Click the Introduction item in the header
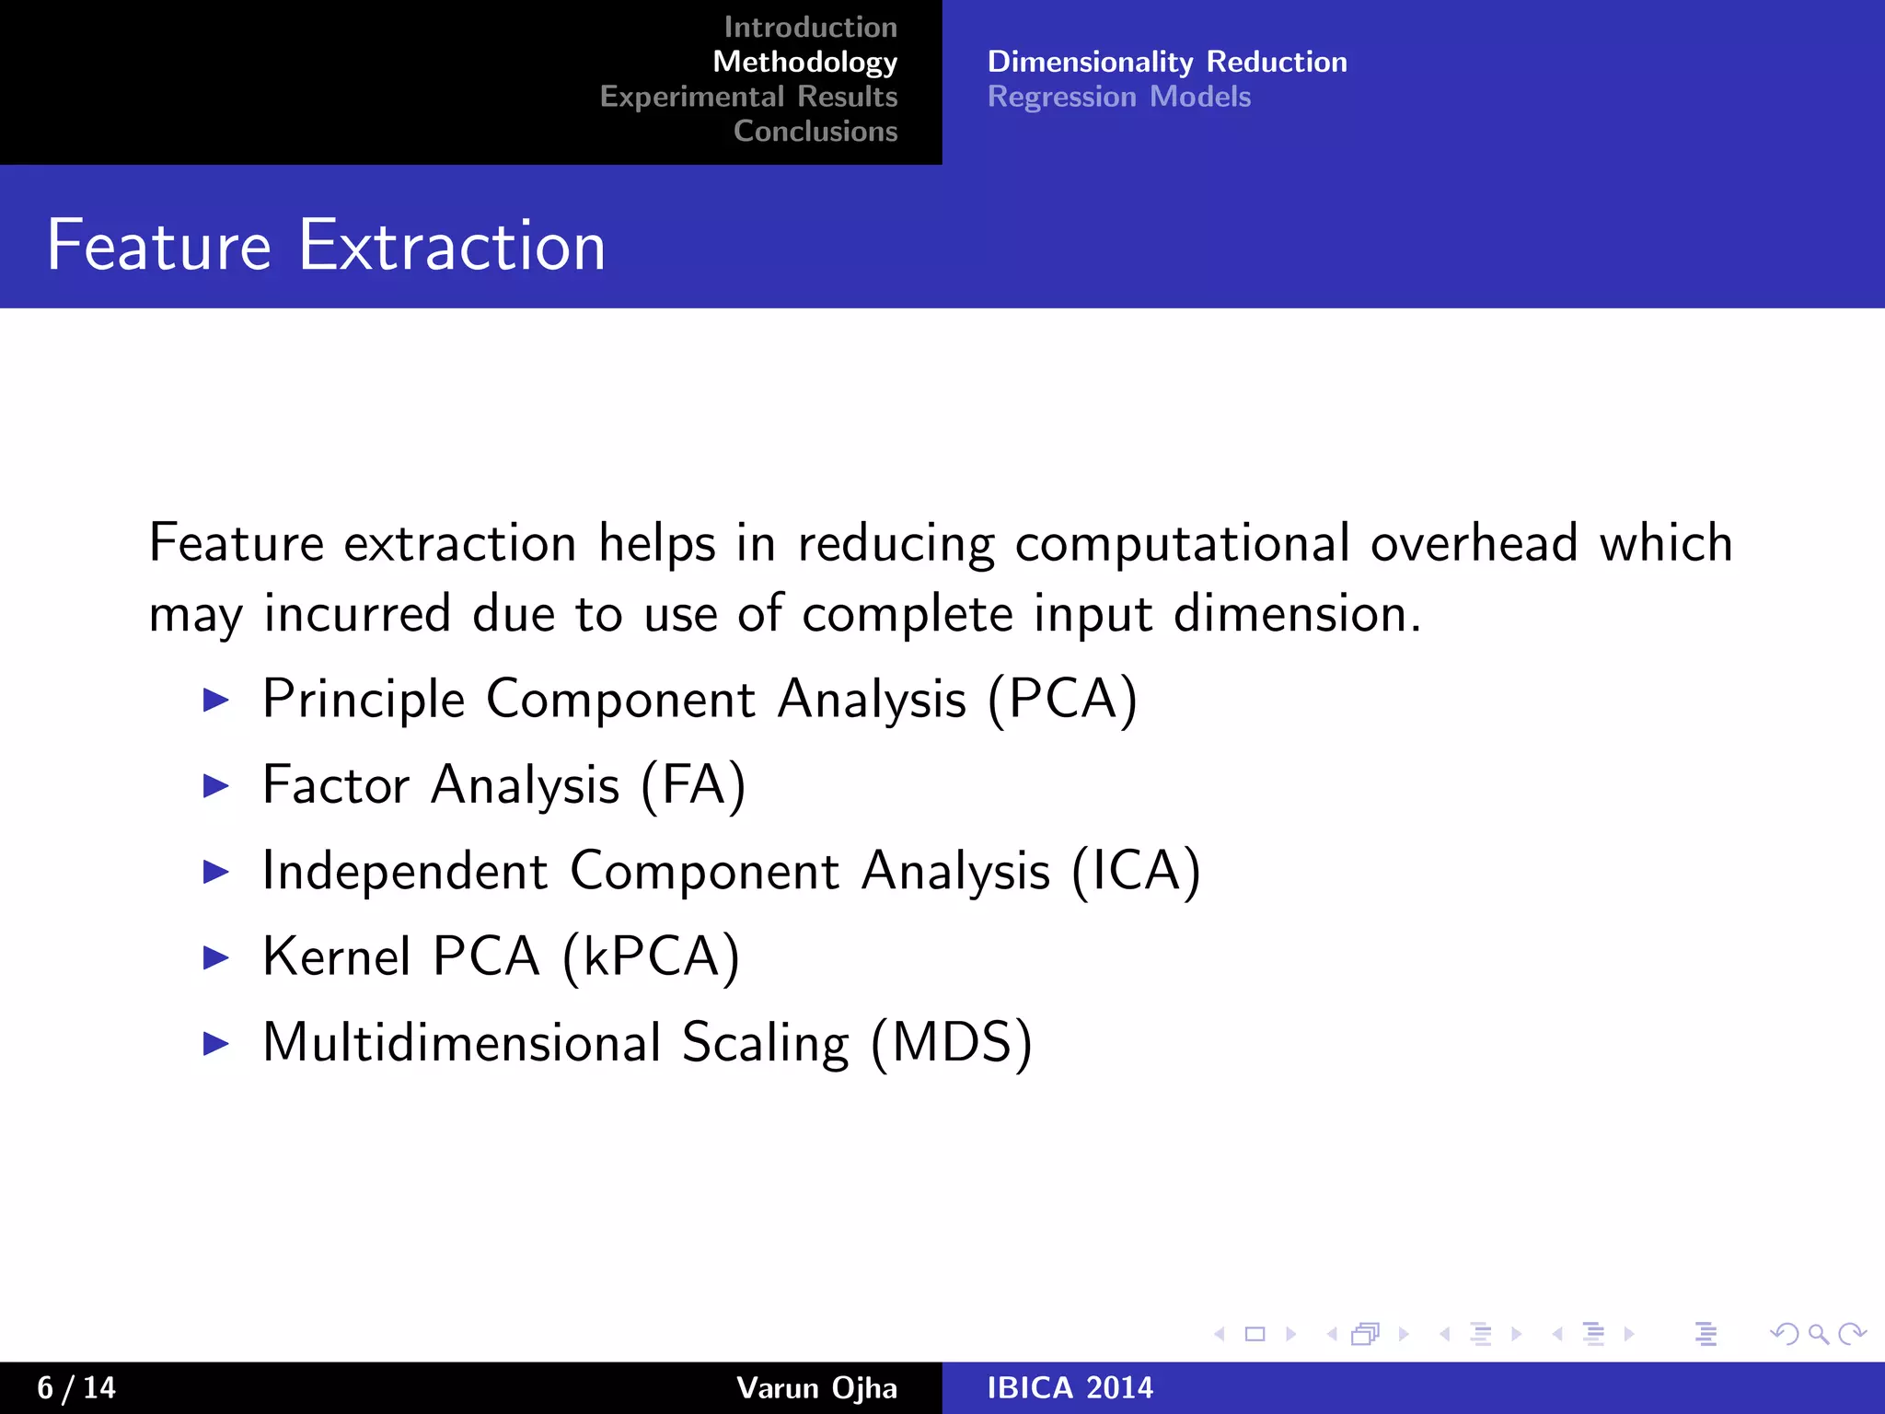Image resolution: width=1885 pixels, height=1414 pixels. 810,28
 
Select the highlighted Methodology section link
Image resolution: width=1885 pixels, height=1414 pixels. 804,62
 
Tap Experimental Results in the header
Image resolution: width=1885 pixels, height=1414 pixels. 748,97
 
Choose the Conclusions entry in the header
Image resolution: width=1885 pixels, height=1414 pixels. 815,132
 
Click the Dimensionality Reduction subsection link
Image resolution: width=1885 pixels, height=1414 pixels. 1166,62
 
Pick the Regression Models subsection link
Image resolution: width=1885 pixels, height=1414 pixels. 1118,97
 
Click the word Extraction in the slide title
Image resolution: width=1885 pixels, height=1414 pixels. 452,246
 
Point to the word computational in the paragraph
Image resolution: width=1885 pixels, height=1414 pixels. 1182,543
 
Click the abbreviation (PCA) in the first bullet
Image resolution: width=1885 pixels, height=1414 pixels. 1063,700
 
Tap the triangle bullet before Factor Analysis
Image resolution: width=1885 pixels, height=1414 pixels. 215,785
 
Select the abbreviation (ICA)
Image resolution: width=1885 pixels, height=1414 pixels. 1136,871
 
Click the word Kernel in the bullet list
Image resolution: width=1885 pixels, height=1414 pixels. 337,956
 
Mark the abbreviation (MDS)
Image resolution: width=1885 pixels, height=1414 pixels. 951,1043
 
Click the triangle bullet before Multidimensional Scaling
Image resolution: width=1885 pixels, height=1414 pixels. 215,1043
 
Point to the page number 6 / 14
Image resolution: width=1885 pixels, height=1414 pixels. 76,1387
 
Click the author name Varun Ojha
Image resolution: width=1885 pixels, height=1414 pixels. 816,1387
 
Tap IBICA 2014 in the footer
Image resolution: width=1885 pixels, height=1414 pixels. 1070,1387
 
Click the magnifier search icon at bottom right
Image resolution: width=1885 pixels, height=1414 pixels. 1818,1334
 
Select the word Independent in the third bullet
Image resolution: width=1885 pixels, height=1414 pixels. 405,871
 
